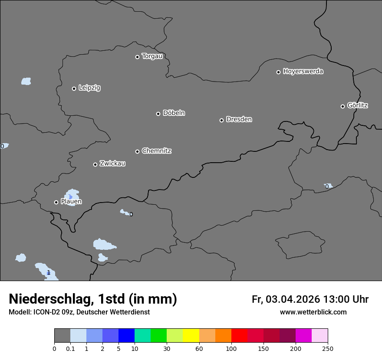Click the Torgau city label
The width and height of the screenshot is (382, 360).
click(152, 56)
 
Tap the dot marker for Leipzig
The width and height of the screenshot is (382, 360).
click(74, 88)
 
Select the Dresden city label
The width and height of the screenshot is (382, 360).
click(239, 119)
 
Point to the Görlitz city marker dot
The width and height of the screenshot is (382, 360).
click(342, 106)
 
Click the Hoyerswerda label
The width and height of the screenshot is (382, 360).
click(303, 72)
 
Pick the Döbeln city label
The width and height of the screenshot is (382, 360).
click(174, 113)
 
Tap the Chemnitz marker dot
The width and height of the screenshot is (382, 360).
click(137, 151)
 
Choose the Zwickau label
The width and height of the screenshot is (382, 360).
click(112, 164)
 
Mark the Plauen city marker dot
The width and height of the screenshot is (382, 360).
click(56, 202)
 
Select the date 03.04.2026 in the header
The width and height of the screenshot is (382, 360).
click(293, 299)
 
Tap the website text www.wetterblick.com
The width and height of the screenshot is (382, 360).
click(313, 312)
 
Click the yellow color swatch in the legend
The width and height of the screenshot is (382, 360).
click(191, 336)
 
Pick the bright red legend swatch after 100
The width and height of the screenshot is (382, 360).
click(239, 336)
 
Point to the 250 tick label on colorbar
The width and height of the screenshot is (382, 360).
click(328, 348)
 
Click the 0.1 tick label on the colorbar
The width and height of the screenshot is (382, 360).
click(70, 348)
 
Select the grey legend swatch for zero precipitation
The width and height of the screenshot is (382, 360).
click(62, 336)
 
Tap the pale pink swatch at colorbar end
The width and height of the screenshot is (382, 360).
click(320, 336)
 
